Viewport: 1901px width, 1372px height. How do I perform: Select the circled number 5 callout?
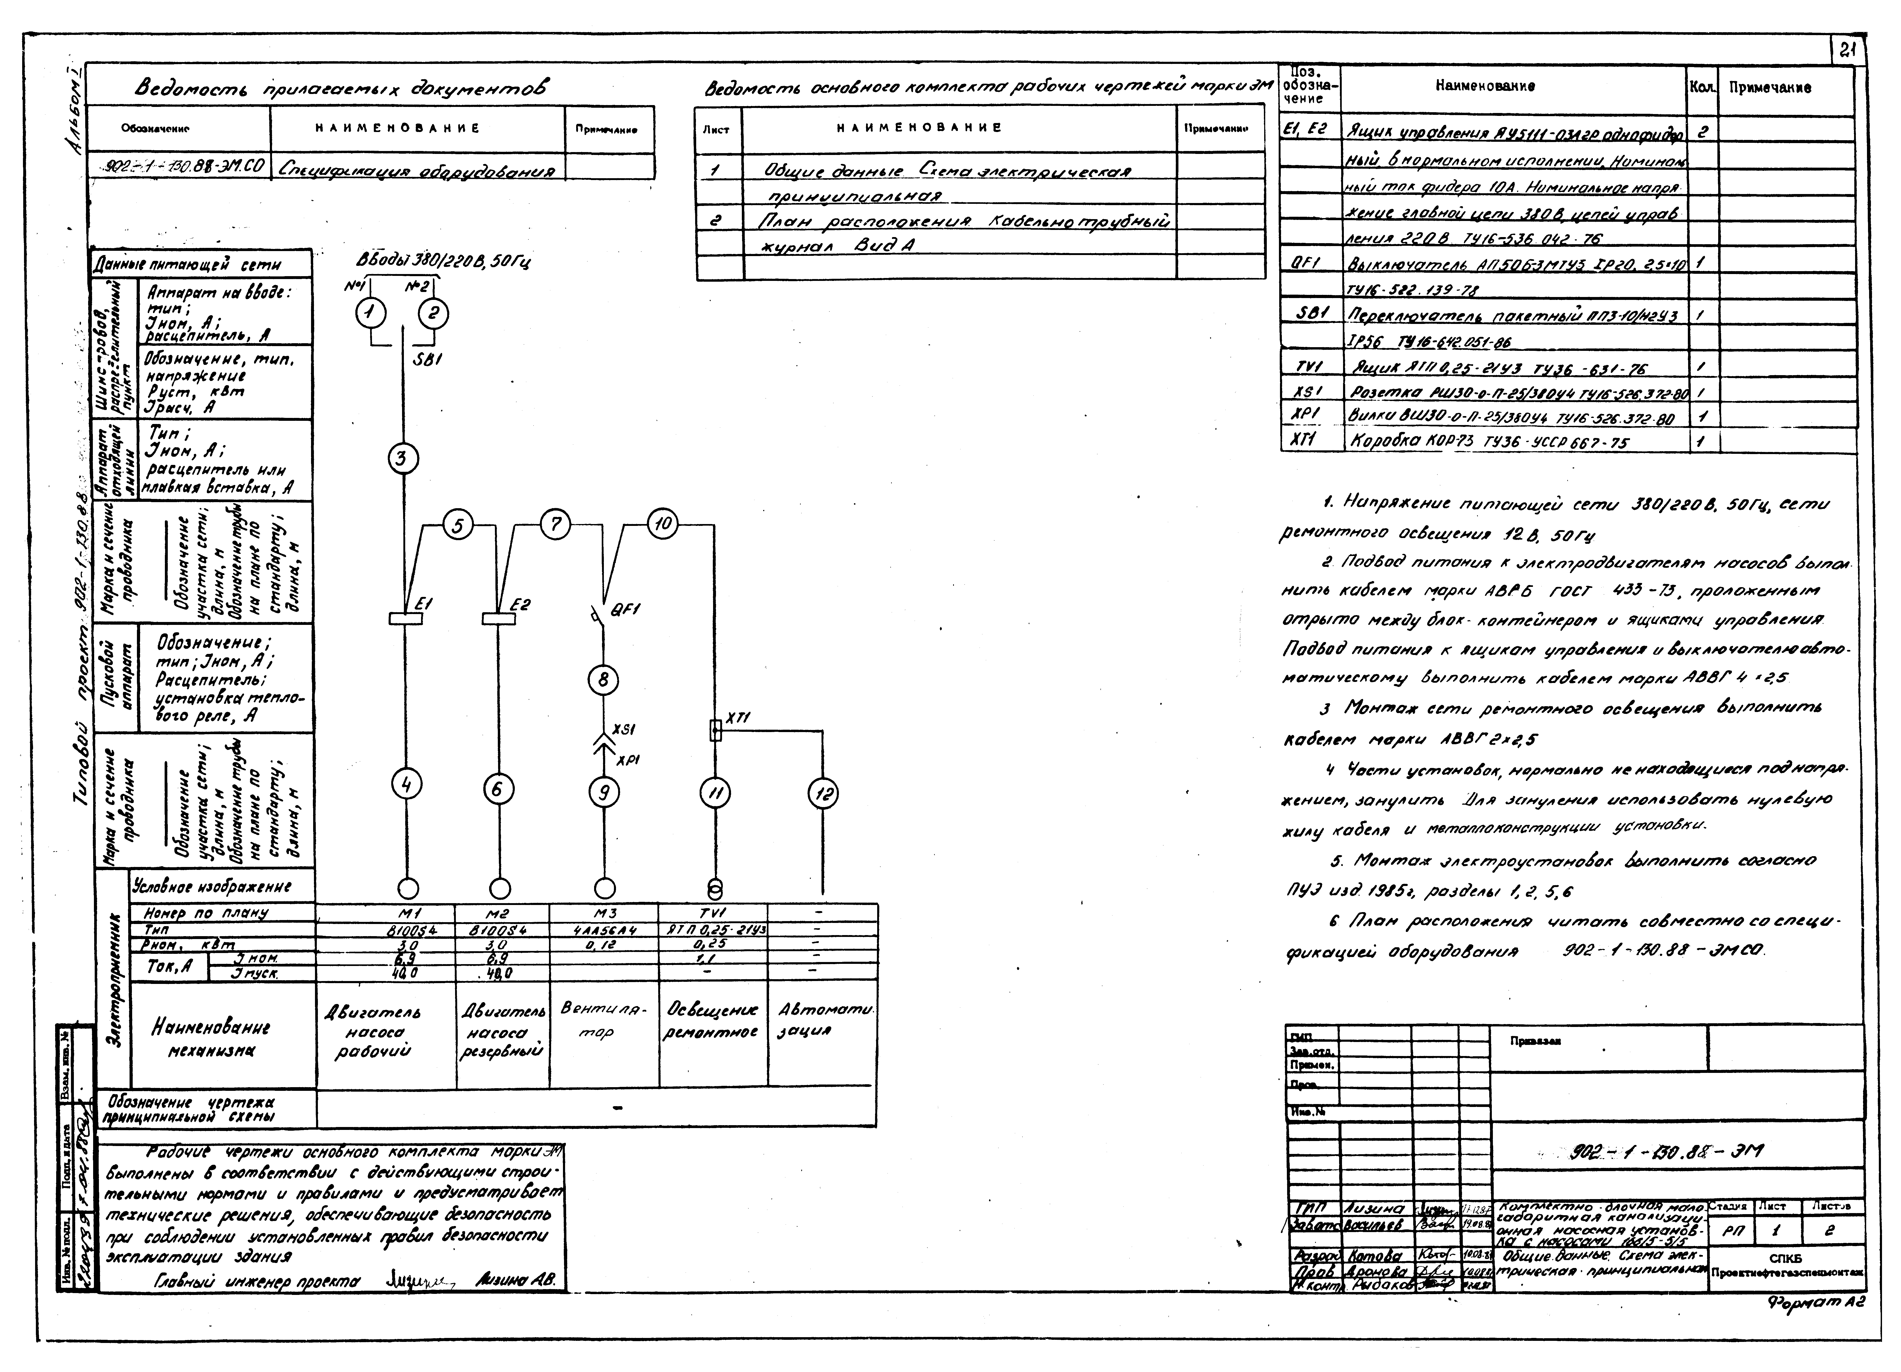458,526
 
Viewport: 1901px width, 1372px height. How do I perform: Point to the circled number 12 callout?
822,793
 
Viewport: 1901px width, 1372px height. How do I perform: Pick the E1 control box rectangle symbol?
406,619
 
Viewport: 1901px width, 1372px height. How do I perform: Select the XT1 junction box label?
738,718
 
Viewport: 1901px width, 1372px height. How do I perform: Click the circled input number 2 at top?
433,314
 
